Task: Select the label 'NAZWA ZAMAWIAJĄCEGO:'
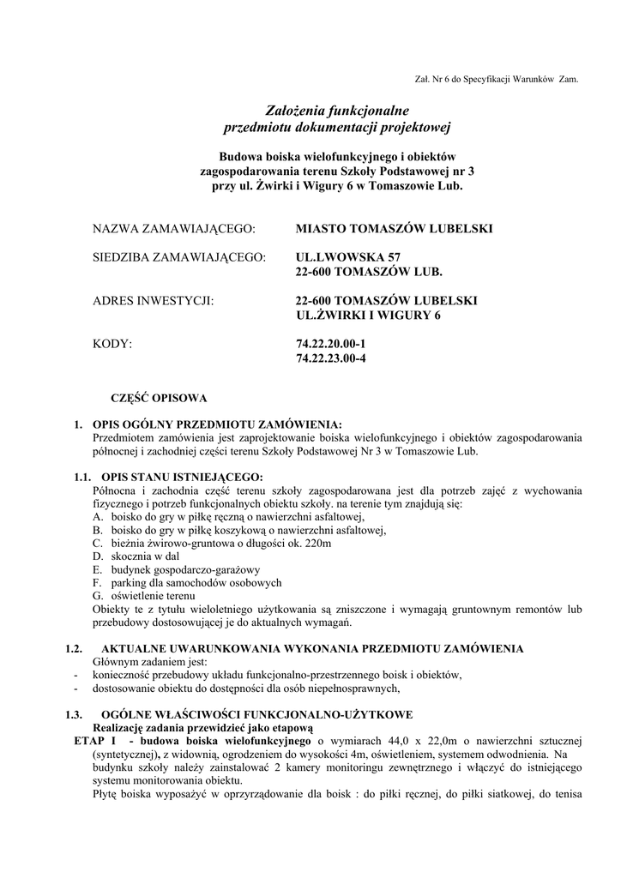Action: pyautogui.click(x=175, y=229)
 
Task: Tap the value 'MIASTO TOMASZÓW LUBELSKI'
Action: pyautogui.click(x=394, y=229)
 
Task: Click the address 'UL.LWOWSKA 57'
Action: pyautogui.click(x=347, y=257)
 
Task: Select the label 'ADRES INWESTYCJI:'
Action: pyautogui.click(x=152, y=301)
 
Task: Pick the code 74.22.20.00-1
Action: pyautogui.click(x=330, y=345)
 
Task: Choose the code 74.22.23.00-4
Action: pyautogui.click(x=330, y=359)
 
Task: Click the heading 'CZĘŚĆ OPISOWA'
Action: pyautogui.click(x=160, y=398)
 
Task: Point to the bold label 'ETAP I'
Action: pyautogui.click(x=94, y=740)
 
